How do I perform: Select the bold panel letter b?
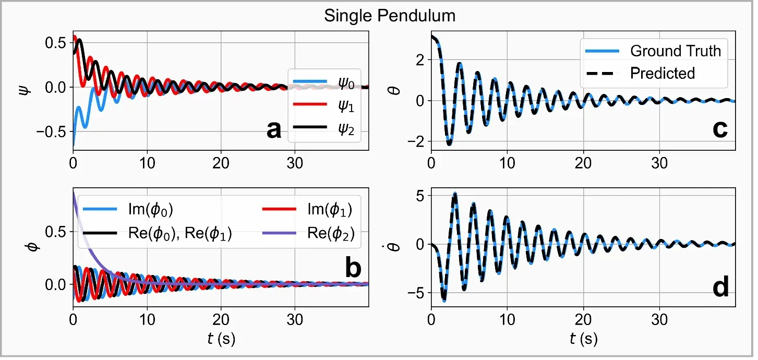[x=354, y=269]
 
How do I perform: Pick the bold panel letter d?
[x=720, y=288]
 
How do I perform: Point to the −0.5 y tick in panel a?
[x=52, y=131]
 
